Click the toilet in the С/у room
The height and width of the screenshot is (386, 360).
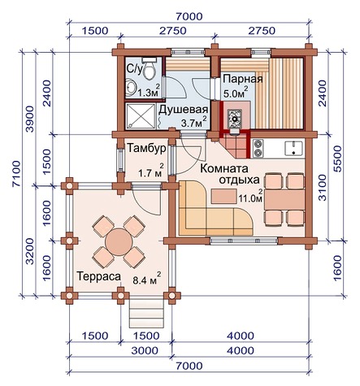(149, 68)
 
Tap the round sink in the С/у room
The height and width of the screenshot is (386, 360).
(132, 88)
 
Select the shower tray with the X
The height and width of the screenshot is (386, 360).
(141, 116)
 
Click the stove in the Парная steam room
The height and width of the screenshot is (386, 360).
(234, 118)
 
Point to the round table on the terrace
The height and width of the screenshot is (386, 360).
(119, 242)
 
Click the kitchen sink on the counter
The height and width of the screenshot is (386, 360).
(293, 149)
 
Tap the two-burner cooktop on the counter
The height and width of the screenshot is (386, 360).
(258, 148)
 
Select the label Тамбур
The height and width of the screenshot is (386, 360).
(146, 149)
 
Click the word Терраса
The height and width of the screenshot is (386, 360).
(99, 276)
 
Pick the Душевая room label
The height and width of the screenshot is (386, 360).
(184, 110)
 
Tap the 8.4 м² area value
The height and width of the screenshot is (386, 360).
(147, 279)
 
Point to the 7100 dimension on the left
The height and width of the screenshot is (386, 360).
(16, 173)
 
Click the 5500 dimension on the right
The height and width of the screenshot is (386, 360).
(338, 158)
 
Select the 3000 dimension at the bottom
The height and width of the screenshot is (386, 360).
(145, 350)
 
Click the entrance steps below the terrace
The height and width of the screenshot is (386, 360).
(147, 314)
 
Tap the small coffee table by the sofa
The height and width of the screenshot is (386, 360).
(223, 196)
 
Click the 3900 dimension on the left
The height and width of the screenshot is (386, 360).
(30, 119)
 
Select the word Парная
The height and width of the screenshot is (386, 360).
(243, 79)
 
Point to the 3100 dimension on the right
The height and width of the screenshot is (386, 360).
(323, 188)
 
